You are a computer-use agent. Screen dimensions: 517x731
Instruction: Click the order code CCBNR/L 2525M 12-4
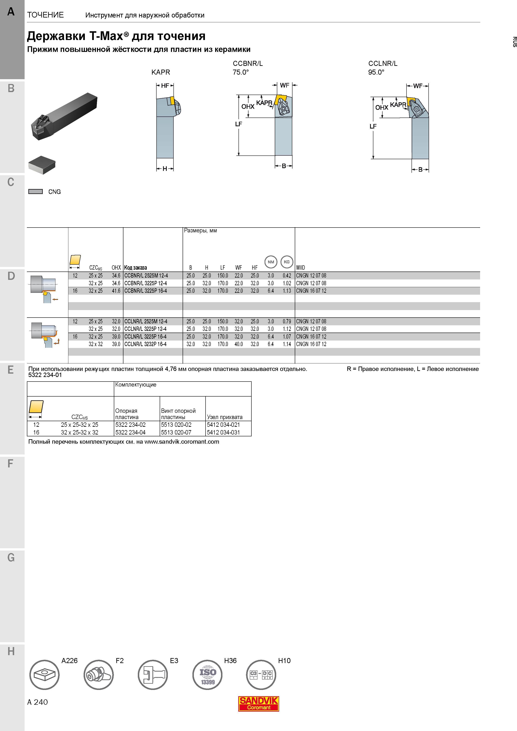pyautogui.click(x=146, y=276)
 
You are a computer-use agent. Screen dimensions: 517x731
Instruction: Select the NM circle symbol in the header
pyautogui.click(x=271, y=262)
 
